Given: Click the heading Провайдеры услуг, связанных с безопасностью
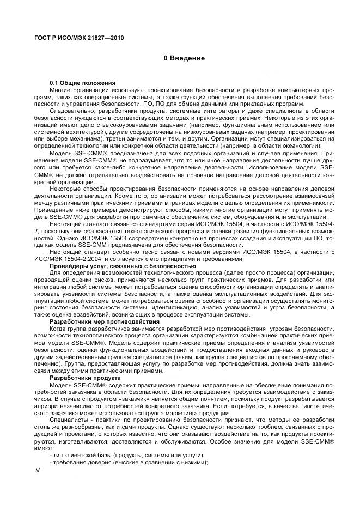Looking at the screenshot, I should [x=123, y=265].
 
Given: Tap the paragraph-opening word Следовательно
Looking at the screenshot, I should [x=71, y=111].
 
